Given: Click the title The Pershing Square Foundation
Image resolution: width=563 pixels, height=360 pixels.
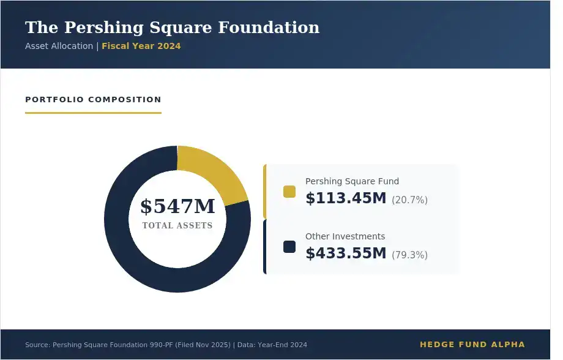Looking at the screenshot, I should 172,28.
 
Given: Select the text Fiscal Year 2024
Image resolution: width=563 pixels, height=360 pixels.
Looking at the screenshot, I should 141,46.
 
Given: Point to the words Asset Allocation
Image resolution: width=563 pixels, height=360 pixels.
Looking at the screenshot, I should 59,46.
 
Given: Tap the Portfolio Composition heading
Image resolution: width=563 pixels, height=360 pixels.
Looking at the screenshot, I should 93,99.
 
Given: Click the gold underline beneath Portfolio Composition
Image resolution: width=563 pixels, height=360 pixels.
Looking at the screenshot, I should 93,113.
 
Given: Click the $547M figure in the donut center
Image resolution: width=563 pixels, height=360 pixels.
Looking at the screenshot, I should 177,206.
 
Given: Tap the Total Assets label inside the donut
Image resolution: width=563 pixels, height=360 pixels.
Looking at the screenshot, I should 177,225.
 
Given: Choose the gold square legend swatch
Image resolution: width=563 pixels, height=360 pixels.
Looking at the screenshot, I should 289,192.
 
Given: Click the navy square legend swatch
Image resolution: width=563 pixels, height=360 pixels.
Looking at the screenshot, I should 289,247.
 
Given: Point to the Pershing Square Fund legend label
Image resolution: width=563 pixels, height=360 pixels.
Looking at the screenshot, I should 352,181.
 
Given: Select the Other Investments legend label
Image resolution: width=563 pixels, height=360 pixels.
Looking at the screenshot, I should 345,236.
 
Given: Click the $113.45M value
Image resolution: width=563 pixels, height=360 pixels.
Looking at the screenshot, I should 346,198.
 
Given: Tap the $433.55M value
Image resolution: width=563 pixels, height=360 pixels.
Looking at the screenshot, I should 346,253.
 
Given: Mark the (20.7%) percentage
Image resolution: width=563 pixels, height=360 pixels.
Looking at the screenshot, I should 409,200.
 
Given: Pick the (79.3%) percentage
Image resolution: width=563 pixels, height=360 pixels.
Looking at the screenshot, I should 409,255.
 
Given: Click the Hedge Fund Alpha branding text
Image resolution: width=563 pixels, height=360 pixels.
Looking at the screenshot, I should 472,345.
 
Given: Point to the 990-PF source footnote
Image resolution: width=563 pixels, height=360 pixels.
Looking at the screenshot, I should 166,345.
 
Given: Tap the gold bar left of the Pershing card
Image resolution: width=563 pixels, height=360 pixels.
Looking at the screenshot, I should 264,192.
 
